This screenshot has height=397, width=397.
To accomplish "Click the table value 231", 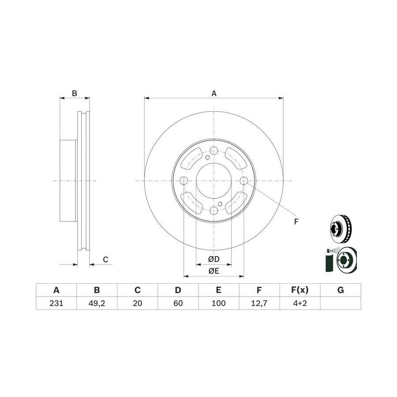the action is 56,303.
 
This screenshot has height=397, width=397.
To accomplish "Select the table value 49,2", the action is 97,303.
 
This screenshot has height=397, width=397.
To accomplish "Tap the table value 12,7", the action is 259,303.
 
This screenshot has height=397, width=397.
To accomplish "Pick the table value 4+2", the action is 300,303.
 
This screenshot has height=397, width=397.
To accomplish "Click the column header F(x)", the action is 300,290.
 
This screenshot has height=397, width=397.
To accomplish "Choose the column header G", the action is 341,290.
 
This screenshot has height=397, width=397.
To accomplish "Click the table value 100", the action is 218,303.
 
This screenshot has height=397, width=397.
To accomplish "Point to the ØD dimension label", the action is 213,259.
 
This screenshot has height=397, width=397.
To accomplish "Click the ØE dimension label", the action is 213,271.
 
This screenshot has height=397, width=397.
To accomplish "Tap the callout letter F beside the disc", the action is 296,222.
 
